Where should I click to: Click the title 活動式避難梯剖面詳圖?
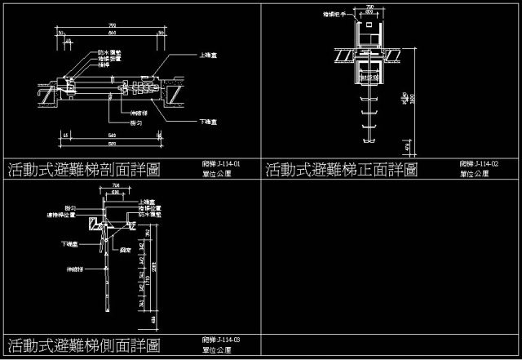(x=84, y=170)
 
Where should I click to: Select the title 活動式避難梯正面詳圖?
(x=342, y=170)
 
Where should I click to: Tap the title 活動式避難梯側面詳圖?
(x=84, y=344)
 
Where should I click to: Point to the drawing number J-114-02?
(x=479, y=164)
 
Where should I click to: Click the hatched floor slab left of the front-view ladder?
(x=343, y=56)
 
